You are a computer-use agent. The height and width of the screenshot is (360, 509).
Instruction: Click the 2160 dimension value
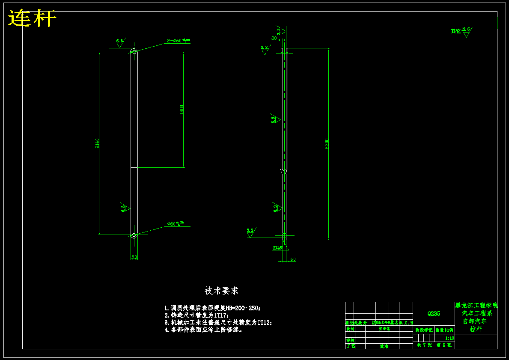(x=97, y=143)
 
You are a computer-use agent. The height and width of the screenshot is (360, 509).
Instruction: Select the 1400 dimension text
(x=182, y=110)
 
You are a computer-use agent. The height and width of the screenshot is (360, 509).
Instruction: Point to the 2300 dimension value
(x=327, y=144)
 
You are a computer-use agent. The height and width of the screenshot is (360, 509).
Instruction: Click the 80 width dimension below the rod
(x=134, y=257)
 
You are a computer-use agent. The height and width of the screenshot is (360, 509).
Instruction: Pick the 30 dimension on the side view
(x=274, y=38)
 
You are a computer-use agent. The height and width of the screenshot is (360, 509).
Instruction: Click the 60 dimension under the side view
(x=293, y=259)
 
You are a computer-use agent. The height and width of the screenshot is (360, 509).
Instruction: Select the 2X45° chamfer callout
(x=278, y=247)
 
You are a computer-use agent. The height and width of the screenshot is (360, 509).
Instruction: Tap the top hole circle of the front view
(x=134, y=52)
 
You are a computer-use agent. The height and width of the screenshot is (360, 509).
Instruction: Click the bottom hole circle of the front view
(x=134, y=235)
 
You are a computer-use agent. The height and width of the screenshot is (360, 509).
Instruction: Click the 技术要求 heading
(x=221, y=291)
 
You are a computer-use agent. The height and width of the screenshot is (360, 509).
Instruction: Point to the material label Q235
(x=434, y=313)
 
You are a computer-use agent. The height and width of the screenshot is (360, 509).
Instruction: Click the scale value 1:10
(x=449, y=338)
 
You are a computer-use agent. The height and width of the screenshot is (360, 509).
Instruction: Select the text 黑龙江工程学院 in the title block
(x=476, y=306)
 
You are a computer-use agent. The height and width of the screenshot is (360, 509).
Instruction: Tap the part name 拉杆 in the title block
(x=476, y=329)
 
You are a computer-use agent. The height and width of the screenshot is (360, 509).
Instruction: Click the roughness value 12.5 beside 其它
(x=466, y=29)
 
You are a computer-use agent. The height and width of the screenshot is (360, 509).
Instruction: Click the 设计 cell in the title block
(x=350, y=329)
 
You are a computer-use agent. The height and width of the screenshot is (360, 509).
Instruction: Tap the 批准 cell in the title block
(x=384, y=346)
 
